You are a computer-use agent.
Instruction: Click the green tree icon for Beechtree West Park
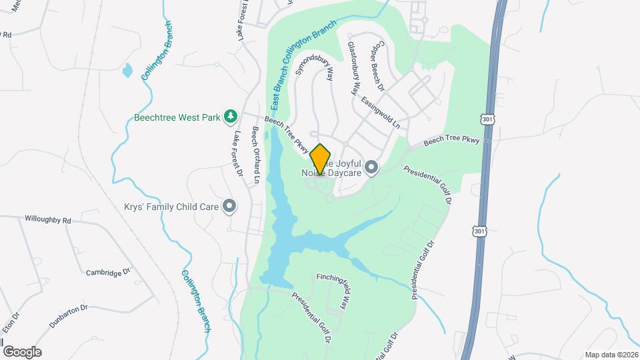coord(231,117)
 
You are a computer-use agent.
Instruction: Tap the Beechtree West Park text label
coord(177,118)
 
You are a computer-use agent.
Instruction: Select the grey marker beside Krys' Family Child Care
coord(230,206)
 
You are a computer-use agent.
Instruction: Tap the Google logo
coord(22,352)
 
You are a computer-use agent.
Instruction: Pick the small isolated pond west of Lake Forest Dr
coord(127,69)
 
